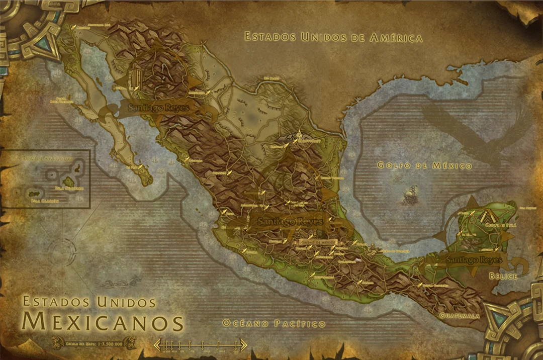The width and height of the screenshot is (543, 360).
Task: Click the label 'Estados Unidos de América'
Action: click(333, 37)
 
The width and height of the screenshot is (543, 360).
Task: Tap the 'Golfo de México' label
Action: click(424, 165)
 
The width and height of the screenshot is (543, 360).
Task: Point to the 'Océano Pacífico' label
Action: click(274, 324)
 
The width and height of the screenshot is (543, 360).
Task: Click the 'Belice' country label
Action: click(503, 276)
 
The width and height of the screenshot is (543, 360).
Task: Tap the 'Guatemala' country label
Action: click(459, 316)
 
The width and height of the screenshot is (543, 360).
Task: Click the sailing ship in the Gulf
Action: click(410, 195)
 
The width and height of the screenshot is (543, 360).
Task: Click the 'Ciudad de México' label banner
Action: click(317, 241)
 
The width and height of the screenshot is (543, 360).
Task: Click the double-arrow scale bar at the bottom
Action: click(200, 345)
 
